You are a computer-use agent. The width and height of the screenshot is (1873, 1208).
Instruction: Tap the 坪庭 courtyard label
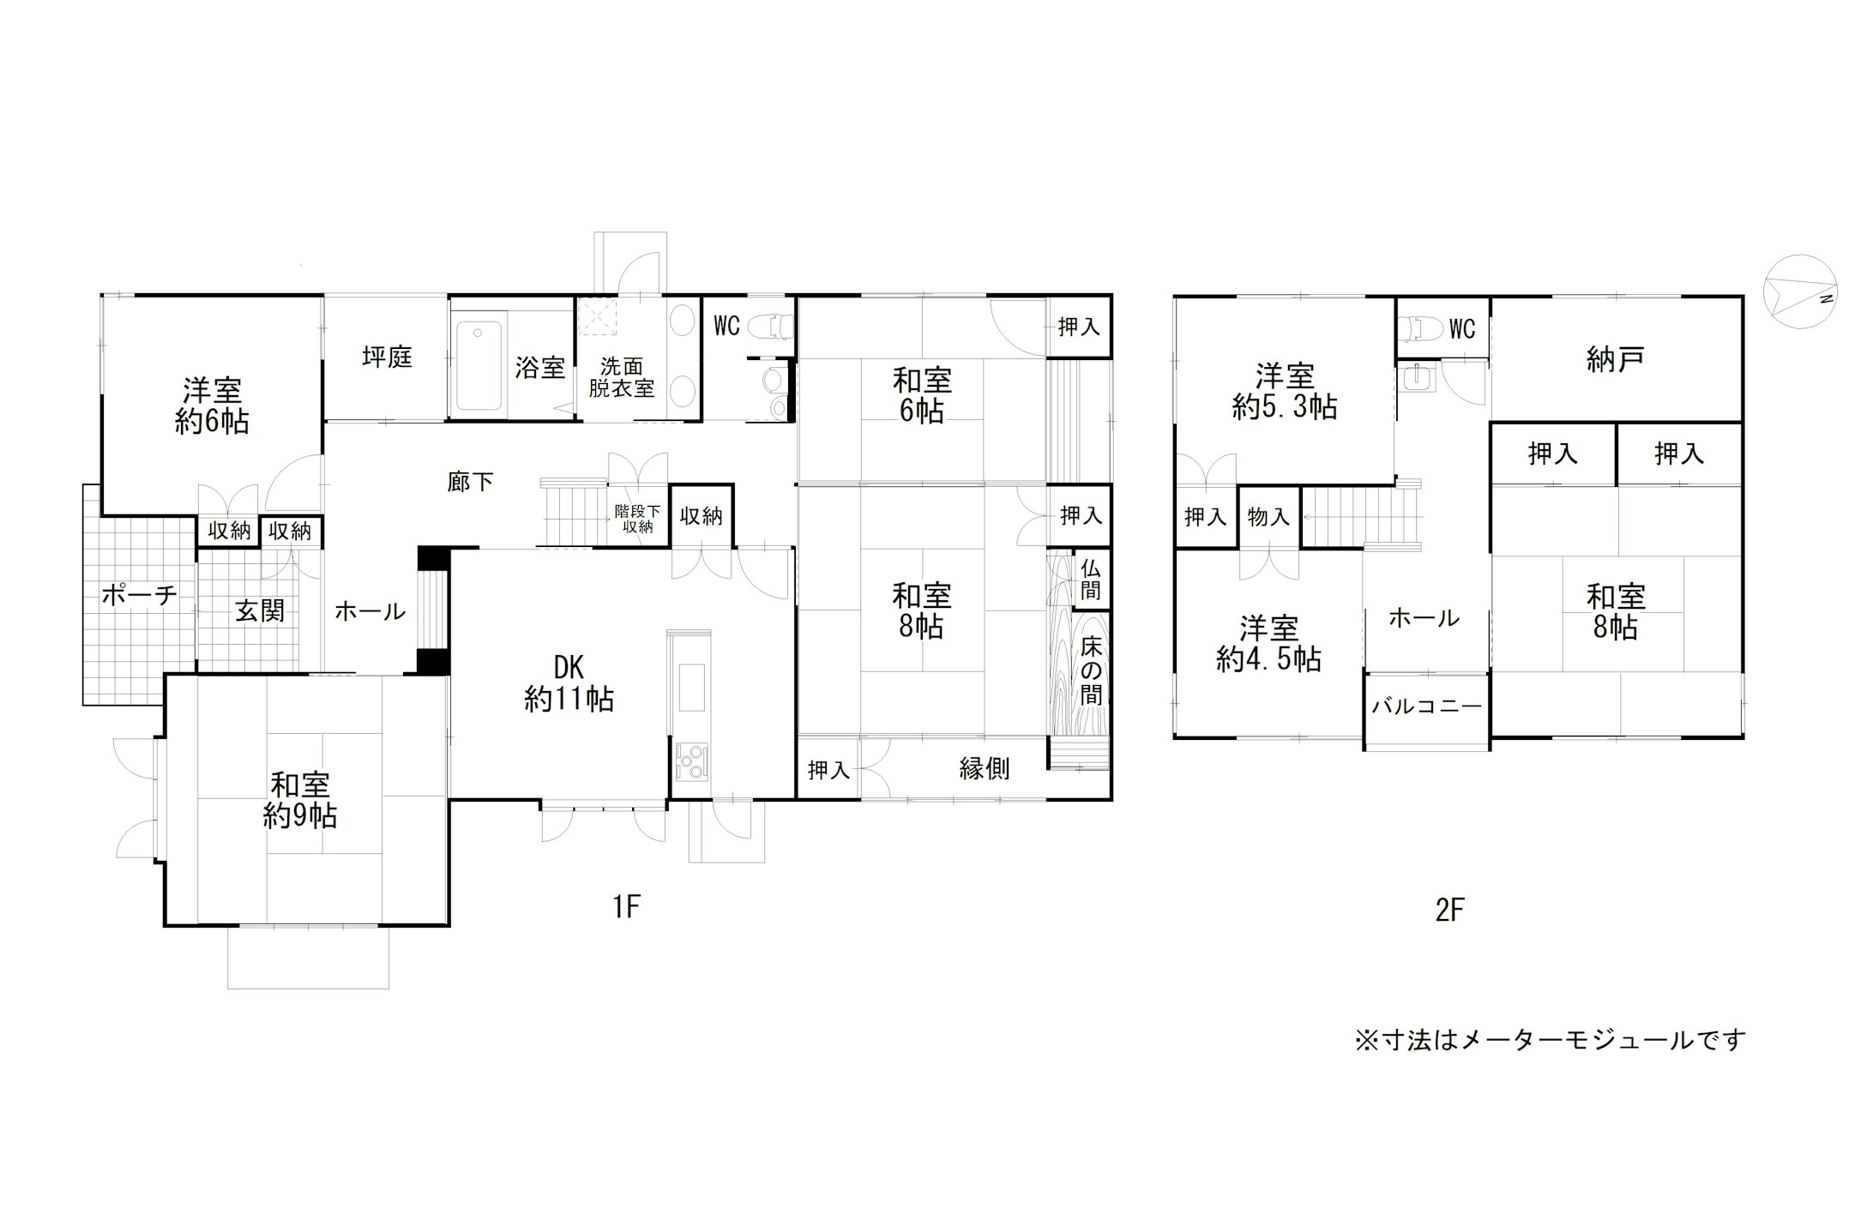pyautogui.click(x=387, y=358)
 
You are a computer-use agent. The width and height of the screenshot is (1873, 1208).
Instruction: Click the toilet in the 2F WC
pyautogui.click(x=1419, y=328)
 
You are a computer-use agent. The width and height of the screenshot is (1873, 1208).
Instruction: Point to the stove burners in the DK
pyautogui.click(x=691, y=760)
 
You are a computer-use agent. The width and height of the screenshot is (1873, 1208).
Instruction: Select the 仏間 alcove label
pyautogui.click(x=1090, y=579)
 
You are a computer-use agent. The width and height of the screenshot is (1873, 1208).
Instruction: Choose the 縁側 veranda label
pyautogui.click(x=984, y=769)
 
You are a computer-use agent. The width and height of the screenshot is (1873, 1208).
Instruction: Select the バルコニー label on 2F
pyautogui.click(x=1426, y=706)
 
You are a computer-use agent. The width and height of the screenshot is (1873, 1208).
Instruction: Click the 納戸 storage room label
pyautogui.click(x=1615, y=360)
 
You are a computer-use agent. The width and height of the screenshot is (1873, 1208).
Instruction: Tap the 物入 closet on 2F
pyautogui.click(x=1268, y=517)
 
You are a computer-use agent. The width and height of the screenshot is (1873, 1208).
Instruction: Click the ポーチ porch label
pyautogui.click(x=139, y=595)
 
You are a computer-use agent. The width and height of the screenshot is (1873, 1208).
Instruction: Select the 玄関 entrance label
pyautogui.click(x=260, y=611)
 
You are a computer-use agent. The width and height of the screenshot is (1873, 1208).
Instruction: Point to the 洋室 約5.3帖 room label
pyautogui.click(x=1284, y=391)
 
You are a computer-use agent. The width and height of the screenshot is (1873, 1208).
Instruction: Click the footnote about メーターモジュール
pyautogui.click(x=1550, y=1040)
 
